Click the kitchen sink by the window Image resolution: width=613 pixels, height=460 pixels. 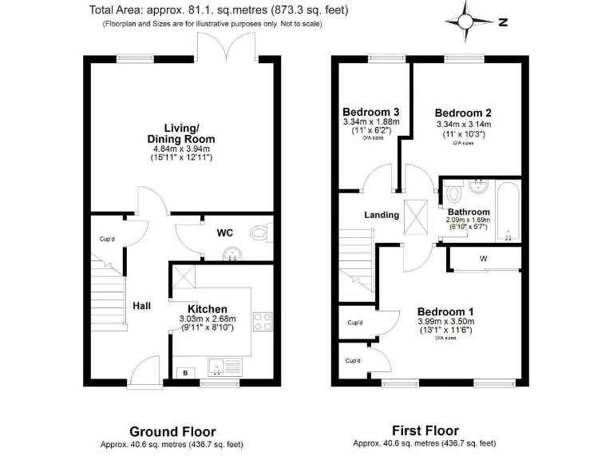(x=219, y=367)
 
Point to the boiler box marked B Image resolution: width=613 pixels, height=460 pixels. (x=185, y=372)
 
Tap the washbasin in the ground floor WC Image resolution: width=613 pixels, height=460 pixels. (x=231, y=254)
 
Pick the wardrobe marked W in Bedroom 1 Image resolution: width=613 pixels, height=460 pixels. (x=484, y=259)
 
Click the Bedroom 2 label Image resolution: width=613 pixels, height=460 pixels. (x=463, y=113)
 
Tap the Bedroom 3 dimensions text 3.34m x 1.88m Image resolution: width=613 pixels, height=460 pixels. (x=371, y=121)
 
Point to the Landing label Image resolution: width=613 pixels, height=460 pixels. (x=382, y=215)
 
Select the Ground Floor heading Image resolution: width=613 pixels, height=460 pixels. (x=172, y=432)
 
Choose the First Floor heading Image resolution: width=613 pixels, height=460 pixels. (x=425, y=431)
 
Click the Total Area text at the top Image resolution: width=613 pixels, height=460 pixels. (x=219, y=11)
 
